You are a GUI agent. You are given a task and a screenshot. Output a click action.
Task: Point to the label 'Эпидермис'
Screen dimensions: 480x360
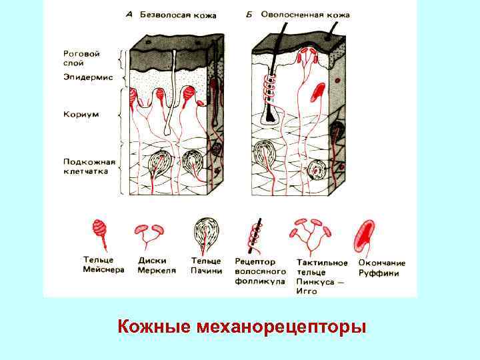[x=87, y=78]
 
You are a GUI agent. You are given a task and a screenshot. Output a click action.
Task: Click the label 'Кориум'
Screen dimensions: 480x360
[x=81, y=114]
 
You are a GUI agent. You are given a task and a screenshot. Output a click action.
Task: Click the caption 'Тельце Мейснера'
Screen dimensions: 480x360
[x=103, y=265]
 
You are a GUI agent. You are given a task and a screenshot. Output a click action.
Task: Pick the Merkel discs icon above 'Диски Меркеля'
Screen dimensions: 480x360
[x=149, y=232]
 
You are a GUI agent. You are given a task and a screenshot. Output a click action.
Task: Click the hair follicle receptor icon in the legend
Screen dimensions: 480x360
[x=254, y=233]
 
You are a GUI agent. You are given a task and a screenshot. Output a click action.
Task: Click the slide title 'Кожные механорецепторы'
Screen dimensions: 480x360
[x=241, y=327]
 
